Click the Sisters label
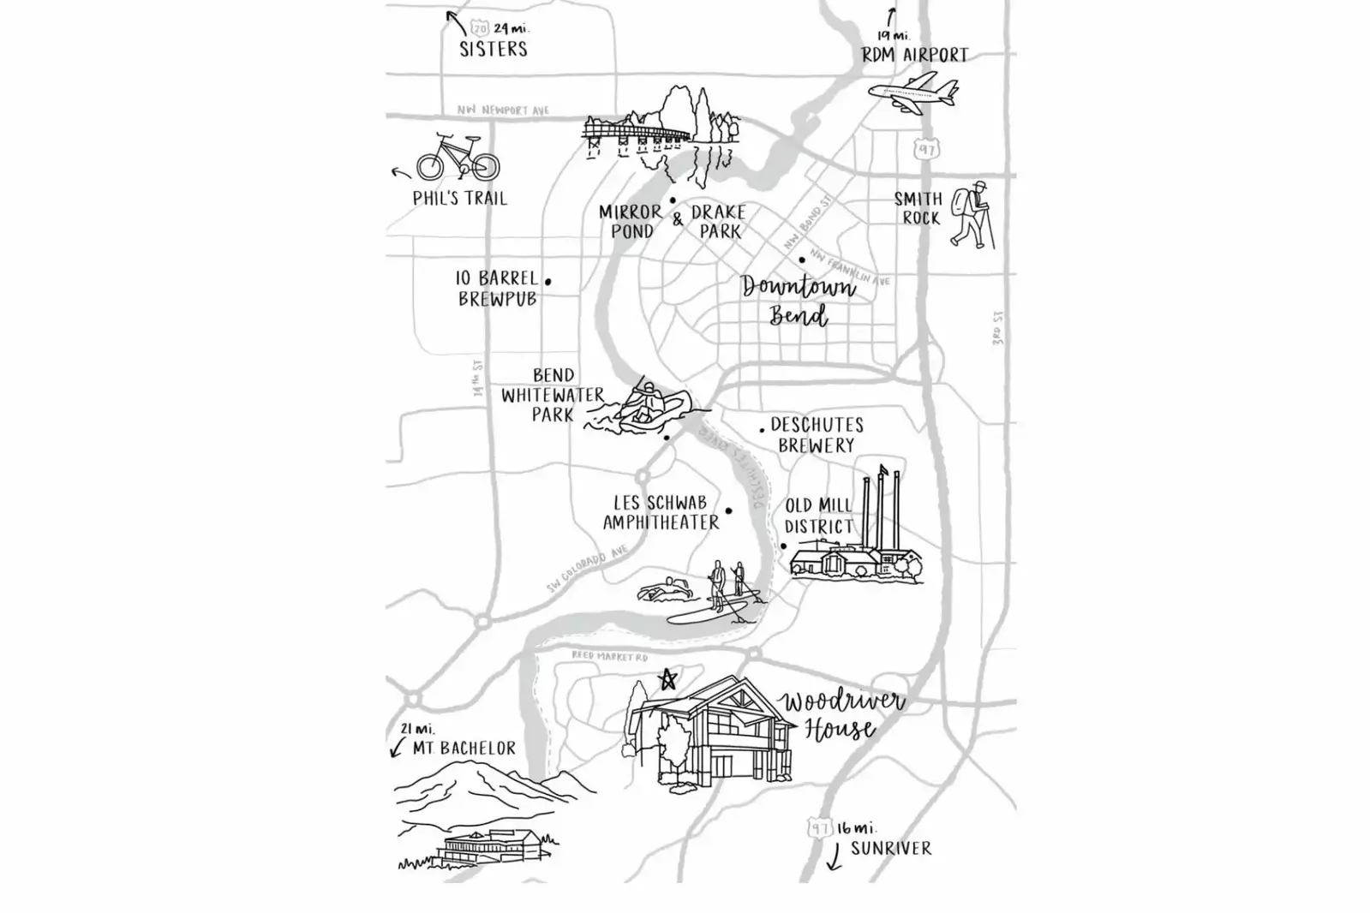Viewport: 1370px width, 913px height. (494, 49)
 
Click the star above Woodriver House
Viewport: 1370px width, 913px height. (667, 680)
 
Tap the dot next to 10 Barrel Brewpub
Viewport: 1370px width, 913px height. (548, 281)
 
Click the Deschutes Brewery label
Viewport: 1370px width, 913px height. (816, 435)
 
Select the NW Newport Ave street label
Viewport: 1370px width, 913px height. (503, 110)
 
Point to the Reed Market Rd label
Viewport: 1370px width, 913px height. (610, 657)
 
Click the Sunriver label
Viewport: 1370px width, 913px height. (891, 849)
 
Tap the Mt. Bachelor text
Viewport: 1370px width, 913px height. (464, 749)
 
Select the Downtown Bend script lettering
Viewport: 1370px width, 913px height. (799, 300)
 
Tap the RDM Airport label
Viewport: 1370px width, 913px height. (915, 56)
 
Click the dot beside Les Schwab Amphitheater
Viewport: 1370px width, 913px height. (729, 511)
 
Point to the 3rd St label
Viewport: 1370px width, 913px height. (997, 328)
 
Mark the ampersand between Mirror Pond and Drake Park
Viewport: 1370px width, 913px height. (678, 219)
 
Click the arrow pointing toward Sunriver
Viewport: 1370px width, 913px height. (833, 856)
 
